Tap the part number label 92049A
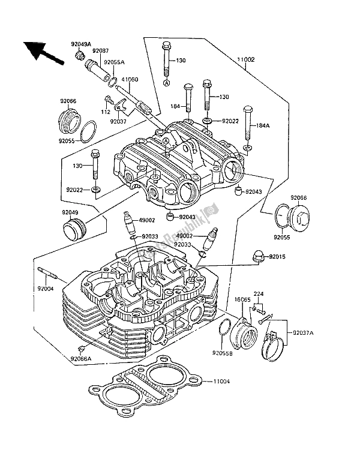(80, 44)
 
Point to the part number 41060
(130, 79)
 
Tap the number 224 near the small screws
(258, 295)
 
